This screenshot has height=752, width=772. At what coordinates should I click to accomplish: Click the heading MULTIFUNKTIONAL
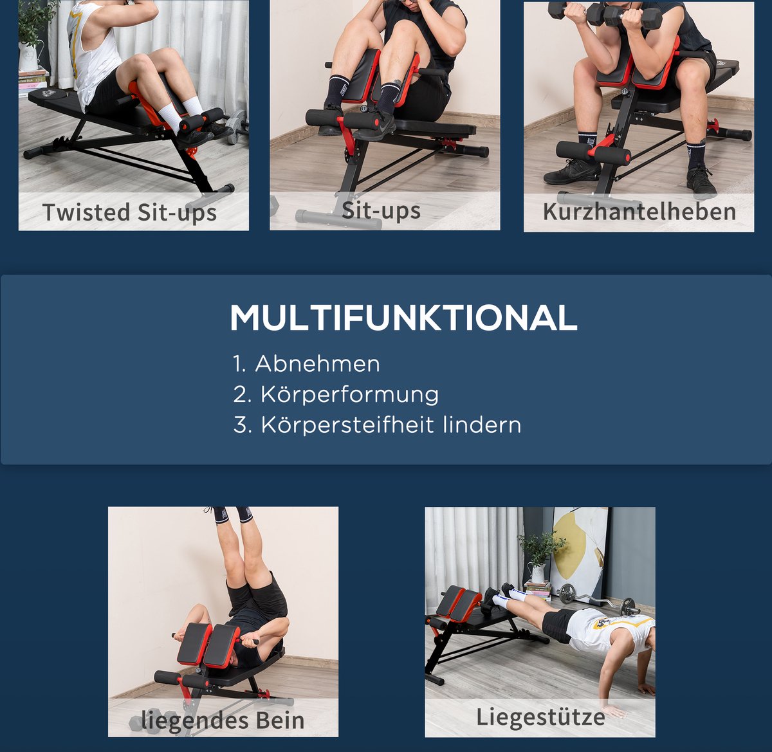click(x=403, y=317)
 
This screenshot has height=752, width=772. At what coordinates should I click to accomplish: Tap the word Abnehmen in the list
click(x=317, y=363)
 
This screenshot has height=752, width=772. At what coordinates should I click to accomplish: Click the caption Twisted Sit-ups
click(x=130, y=212)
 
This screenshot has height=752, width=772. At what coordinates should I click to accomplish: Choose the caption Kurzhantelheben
click(x=639, y=212)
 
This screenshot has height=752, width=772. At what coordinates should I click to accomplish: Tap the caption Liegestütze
click(x=540, y=717)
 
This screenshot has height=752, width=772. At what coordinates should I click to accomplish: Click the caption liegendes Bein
click(x=223, y=720)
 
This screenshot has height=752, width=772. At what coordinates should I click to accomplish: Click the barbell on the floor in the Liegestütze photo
click(x=597, y=598)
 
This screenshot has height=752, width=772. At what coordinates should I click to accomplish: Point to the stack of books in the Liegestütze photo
click(x=538, y=590)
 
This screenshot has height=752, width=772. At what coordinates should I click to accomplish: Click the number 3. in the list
click(x=243, y=425)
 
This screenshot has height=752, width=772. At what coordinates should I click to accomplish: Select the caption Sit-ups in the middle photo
click(x=381, y=210)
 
